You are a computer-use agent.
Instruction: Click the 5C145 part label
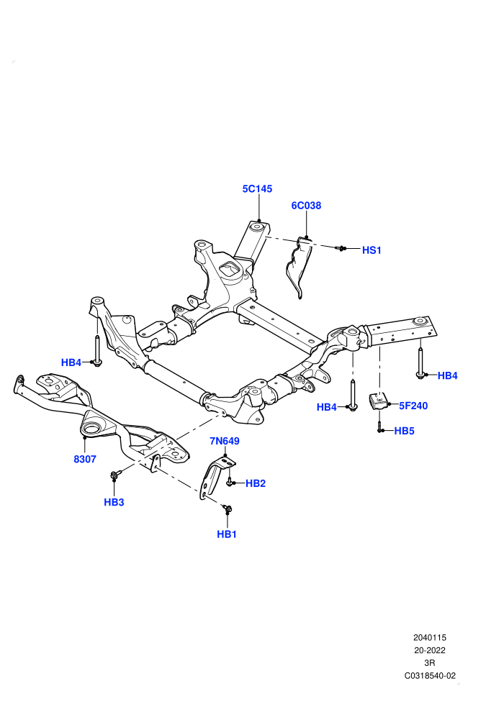pyautogui.click(x=257, y=188)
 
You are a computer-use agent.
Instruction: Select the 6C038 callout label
pyautogui.click(x=306, y=205)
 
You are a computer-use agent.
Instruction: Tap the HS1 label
pyautogui.click(x=372, y=250)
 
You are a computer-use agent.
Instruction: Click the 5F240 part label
pyautogui.click(x=413, y=406)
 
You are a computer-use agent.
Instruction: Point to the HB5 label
pyautogui.click(x=404, y=431)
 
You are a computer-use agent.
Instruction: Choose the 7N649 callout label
pyautogui.click(x=225, y=441)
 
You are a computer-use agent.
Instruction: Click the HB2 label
pyautogui.click(x=256, y=483)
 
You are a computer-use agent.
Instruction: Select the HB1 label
pyautogui.click(x=227, y=534)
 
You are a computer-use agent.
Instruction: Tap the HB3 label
pyautogui.click(x=114, y=502)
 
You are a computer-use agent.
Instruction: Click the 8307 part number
pyautogui.click(x=85, y=459)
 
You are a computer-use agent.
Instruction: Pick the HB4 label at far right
pyautogui.click(x=448, y=375)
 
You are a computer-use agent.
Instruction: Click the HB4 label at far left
pyautogui.click(x=71, y=362)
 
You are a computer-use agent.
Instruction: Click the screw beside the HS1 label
pyautogui.click(x=342, y=248)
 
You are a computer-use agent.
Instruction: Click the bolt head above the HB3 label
pyautogui.click(x=114, y=475)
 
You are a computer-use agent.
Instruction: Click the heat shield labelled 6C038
pyautogui.click(x=300, y=268)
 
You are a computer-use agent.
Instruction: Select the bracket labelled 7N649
pyautogui.click(x=215, y=477)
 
